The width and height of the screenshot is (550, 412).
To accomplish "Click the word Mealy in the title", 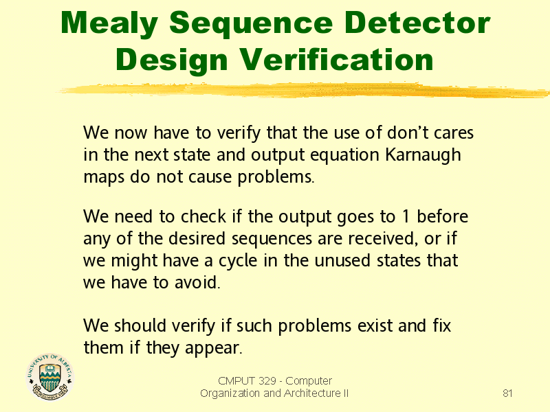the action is click(109, 23).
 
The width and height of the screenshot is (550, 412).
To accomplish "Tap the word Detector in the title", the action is click(417, 23).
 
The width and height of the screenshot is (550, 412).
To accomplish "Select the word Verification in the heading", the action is click(337, 60).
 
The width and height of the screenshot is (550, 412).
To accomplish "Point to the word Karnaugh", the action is click(423, 155).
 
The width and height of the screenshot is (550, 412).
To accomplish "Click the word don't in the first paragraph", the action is click(408, 133).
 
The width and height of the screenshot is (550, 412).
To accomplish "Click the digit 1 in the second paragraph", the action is click(406, 216).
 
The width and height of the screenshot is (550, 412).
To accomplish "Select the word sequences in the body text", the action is click(272, 239).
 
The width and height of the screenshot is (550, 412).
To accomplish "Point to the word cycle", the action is click(238, 261).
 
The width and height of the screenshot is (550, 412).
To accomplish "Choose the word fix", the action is click(441, 325).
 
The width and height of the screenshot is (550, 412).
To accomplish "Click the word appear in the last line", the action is click(213, 349).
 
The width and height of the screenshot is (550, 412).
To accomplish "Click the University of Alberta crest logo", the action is click(49, 377).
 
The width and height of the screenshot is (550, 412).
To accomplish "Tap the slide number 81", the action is click(507, 393).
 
